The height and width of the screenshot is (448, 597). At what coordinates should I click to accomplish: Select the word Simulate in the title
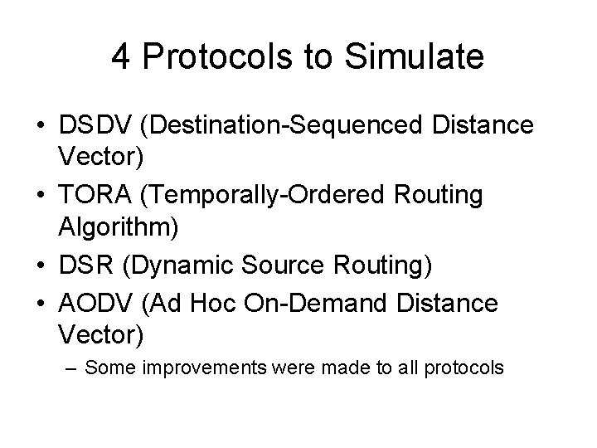[x=415, y=58]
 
